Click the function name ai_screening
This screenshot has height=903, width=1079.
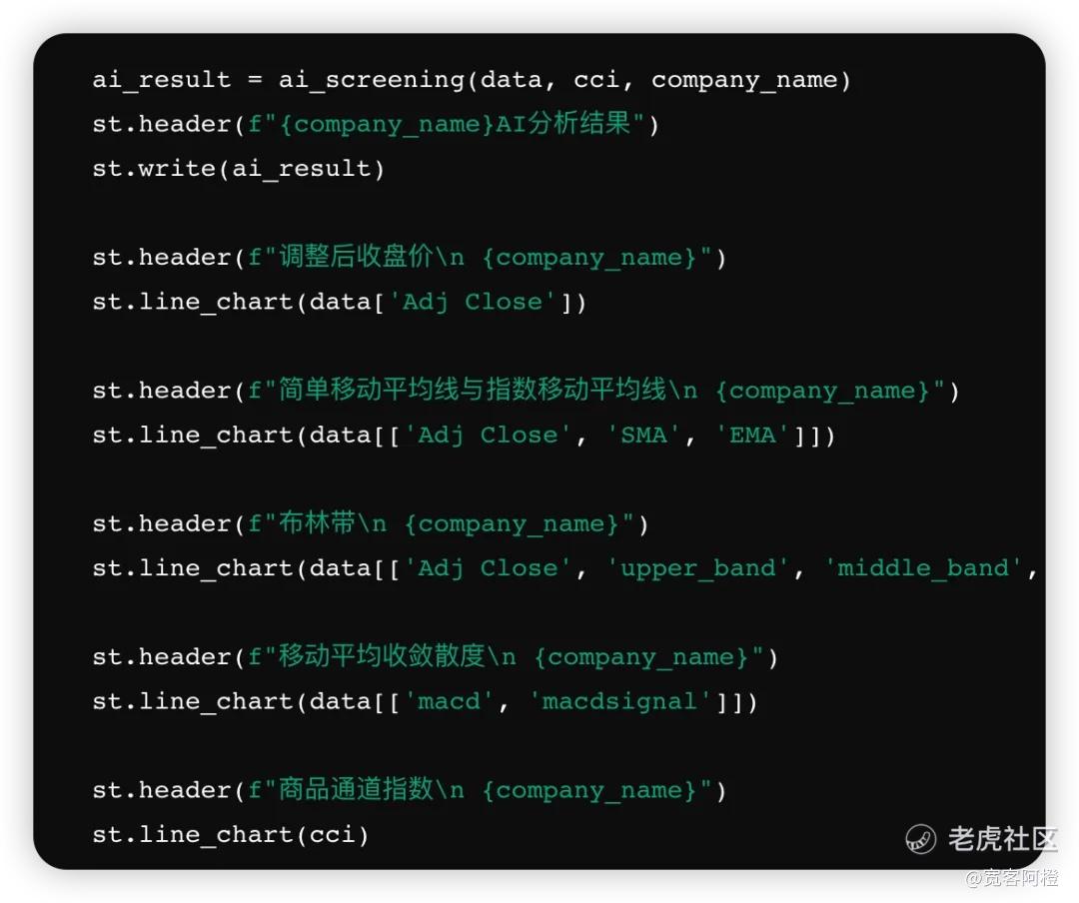(372, 81)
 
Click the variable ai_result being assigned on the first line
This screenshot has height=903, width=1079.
(162, 81)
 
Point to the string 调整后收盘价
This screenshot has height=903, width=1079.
(357, 257)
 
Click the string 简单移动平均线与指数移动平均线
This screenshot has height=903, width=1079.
(473, 390)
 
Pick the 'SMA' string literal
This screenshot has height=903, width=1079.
(644, 435)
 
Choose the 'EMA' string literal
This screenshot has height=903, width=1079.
(753, 435)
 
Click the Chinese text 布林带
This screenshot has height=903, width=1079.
(318, 523)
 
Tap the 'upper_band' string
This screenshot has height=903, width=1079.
(698, 568)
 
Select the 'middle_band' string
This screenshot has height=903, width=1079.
(923, 568)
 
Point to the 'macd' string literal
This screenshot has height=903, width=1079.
(449, 702)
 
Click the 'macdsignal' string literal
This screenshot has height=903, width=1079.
(619, 702)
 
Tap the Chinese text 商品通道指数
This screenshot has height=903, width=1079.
(357, 789)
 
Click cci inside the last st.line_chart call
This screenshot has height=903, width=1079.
(332, 835)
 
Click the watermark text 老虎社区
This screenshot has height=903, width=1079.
(1003, 839)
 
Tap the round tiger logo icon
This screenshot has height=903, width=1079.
(921, 839)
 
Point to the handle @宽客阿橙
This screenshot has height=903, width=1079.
(1012, 878)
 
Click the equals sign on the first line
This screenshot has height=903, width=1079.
(255, 80)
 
